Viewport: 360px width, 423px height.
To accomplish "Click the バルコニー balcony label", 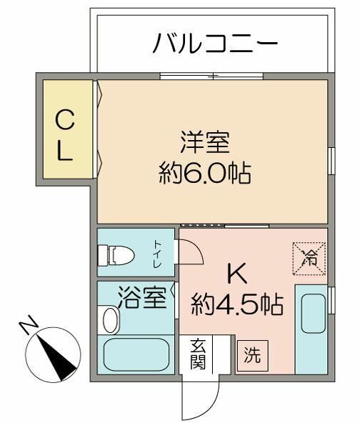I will pos(214,44).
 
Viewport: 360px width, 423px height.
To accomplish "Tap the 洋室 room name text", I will pos(204,141).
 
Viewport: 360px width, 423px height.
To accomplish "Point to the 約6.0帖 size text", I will pos(204,173).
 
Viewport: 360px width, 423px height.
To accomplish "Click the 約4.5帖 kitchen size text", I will pos(237,305).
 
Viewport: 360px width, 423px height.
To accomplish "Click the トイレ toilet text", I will pos(157,254).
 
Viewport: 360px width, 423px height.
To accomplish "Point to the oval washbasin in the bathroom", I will pos(110,319).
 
